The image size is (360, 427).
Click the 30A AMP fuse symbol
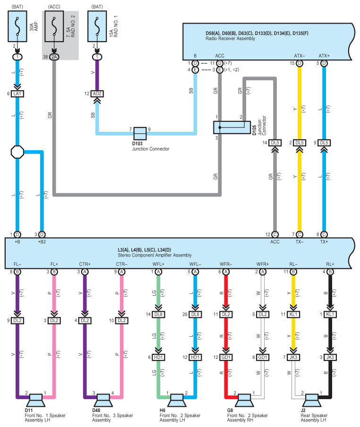point(17,26)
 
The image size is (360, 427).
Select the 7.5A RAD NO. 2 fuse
point(54,26)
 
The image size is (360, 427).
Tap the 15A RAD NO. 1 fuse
point(97,26)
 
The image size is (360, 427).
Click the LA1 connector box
point(17,94)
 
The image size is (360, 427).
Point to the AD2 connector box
point(97,94)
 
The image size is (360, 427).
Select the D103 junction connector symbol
point(140,133)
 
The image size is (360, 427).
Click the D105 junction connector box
point(232,128)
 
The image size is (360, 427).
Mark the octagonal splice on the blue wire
point(17,152)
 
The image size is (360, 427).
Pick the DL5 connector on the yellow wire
point(300,143)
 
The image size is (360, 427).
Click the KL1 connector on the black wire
point(330,314)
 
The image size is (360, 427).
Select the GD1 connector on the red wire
point(226,357)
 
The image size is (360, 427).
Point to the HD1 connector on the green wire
point(158,357)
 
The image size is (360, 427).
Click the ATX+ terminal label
point(324,56)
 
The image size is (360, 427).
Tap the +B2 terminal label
point(42,242)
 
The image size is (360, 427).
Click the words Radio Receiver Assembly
point(231,39)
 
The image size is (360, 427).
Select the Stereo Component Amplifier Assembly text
point(154,255)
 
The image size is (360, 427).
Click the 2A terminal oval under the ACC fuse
point(54,57)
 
